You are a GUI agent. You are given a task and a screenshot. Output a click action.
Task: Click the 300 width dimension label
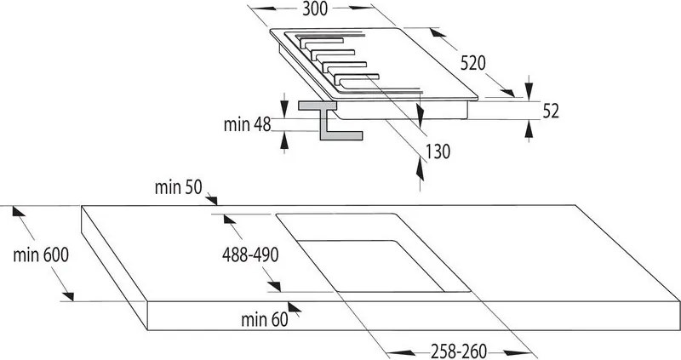pyautogui.click(x=315, y=9)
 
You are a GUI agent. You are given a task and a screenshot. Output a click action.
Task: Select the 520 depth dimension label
pyautogui.click(x=473, y=64)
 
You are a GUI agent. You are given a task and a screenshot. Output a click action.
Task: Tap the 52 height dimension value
pyautogui.click(x=551, y=111)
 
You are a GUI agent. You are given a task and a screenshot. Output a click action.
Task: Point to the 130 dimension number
pyautogui.click(x=438, y=152)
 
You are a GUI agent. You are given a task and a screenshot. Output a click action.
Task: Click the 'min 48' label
pyautogui.click(x=247, y=124)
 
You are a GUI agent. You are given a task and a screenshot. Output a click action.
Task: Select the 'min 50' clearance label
pyautogui.click(x=179, y=187)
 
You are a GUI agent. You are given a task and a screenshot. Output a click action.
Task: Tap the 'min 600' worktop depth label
pyautogui.click(x=41, y=255)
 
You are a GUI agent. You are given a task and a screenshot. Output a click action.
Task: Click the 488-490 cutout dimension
pyautogui.click(x=250, y=255)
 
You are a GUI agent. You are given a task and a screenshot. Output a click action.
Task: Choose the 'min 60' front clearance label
pyautogui.click(x=265, y=320)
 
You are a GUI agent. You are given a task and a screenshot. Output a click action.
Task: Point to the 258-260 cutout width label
pyautogui.click(x=459, y=351)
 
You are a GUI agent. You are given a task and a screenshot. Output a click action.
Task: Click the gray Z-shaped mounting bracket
pyautogui.click(x=329, y=120)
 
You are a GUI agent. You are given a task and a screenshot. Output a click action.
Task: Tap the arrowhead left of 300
pyautogui.click(x=264, y=9)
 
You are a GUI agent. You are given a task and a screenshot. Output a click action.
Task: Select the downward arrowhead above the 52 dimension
pyautogui.click(x=529, y=91)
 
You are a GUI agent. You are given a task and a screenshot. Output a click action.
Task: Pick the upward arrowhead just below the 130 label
pyautogui.click(x=420, y=170)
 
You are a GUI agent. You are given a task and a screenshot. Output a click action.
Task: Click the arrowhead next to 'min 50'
pyautogui.click(x=211, y=200)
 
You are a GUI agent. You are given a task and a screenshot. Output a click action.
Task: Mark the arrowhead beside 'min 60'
pyautogui.click(x=294, y=307)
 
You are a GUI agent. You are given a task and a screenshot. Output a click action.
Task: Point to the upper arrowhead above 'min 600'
pyautogui.click(x=19, y=211)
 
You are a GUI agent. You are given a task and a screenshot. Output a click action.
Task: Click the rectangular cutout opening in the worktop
pyautogui.click(x=373, y=252)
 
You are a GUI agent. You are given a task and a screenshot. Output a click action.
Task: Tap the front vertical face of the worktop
pyautogui.click(x=414, y=316)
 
